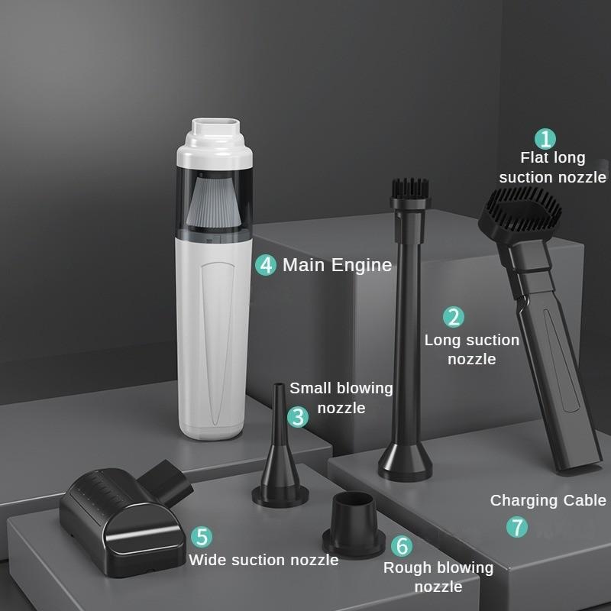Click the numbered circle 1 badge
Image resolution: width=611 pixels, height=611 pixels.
point(545,139)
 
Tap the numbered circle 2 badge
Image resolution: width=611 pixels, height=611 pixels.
point(454,316)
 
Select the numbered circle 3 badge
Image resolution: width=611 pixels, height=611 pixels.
point(298,416)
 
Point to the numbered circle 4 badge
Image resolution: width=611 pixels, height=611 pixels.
point(266,265)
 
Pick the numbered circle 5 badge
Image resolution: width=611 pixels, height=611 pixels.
point(202,537)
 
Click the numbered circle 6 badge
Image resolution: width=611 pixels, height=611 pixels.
point(402,545)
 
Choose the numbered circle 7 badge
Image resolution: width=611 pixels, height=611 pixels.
point(517,527)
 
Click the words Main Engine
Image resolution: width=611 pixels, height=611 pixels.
point(337,265)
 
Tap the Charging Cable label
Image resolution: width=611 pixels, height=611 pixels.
point(548,501)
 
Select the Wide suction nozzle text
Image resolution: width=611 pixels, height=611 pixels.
point(263,560)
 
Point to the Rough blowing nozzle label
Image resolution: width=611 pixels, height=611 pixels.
point(438,577)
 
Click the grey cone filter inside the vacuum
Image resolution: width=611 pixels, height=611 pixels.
point(213,201)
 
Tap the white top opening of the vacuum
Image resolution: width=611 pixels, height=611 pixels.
point(215,125)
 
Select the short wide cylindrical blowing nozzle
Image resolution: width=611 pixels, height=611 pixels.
point(354,525)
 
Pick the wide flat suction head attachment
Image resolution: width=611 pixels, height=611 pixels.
point(125,518)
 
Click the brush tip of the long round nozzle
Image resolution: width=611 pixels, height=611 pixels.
point(411,188)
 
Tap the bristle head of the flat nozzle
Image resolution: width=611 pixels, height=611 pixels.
point(520,209)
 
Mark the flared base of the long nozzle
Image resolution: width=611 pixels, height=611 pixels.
point(406,462)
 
